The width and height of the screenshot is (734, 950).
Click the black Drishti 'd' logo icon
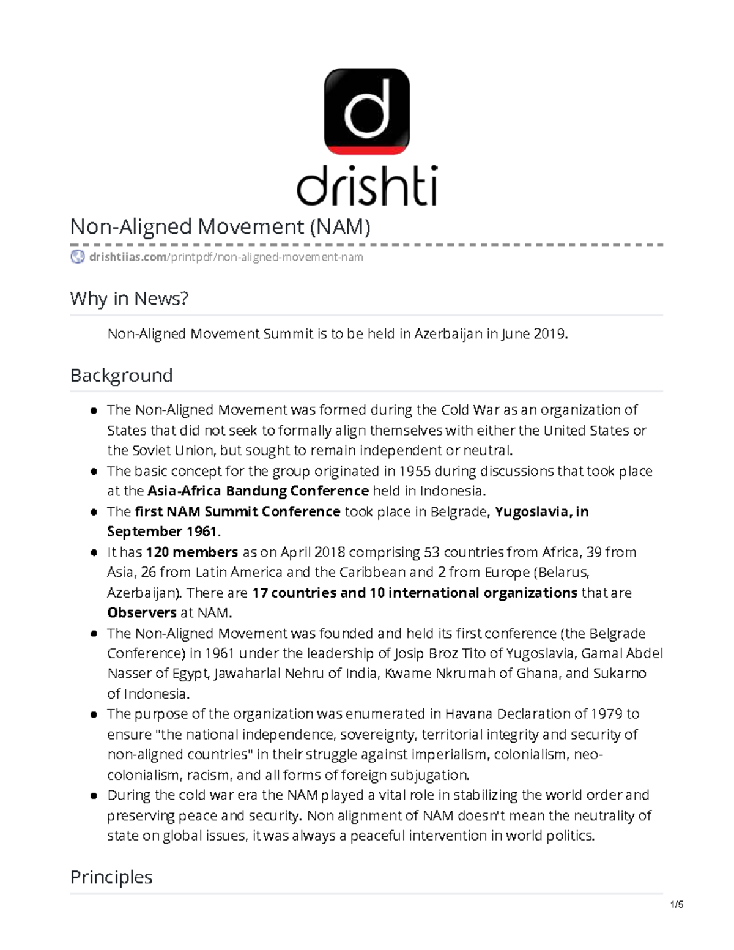[366, 111]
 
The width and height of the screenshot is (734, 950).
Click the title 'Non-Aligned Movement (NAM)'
[221, 227]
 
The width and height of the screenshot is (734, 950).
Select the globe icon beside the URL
[78, 257]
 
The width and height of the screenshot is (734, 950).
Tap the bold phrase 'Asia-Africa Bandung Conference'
[258, 491]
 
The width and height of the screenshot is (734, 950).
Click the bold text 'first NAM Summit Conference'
[237, 511]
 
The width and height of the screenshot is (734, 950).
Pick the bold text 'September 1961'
[162, 532]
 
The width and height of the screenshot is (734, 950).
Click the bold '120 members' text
[191, 552]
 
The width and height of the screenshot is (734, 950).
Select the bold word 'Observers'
[142, 613]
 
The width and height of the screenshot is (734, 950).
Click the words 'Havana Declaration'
[506, 714]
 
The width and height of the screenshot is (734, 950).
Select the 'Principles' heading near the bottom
[111, 877]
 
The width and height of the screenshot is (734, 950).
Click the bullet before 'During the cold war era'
[94, 796]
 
